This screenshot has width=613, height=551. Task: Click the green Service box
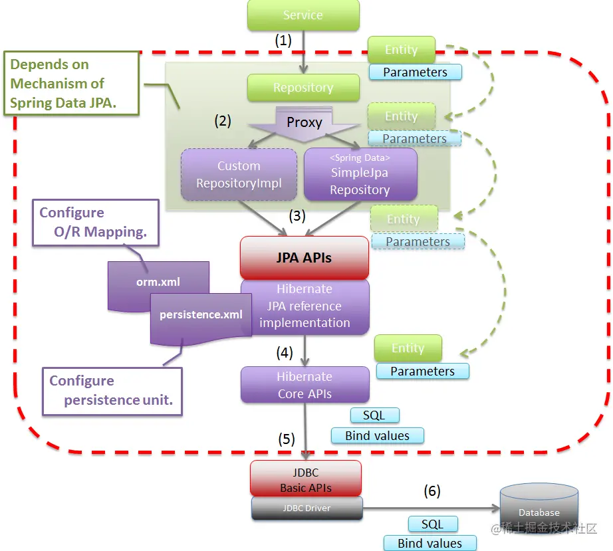(303, 15)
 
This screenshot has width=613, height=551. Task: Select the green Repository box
(303, 88)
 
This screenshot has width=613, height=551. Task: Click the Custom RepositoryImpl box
(239, 174)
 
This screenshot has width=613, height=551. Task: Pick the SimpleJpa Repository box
(360, 174)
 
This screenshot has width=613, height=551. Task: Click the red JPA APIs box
(304, 257)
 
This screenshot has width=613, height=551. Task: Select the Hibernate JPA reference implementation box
(305, 306)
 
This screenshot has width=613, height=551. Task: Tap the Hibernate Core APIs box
(305, 385)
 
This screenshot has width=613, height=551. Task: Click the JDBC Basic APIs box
(306, 479)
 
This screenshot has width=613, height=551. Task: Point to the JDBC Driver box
(307, 508)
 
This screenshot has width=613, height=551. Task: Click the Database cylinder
(539, 507)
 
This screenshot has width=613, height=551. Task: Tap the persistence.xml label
(201, 314)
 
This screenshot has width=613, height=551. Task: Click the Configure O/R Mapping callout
(96, 223)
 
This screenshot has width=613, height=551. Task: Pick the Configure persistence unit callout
(112, 391)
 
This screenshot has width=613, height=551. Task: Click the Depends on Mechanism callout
(72, 83)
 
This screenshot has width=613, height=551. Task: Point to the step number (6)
(432, 491)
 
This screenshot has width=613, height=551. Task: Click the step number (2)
(223, 121)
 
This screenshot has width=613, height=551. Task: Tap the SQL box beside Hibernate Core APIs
(374, 415)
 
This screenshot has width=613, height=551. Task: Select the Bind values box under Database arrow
(430, 543)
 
